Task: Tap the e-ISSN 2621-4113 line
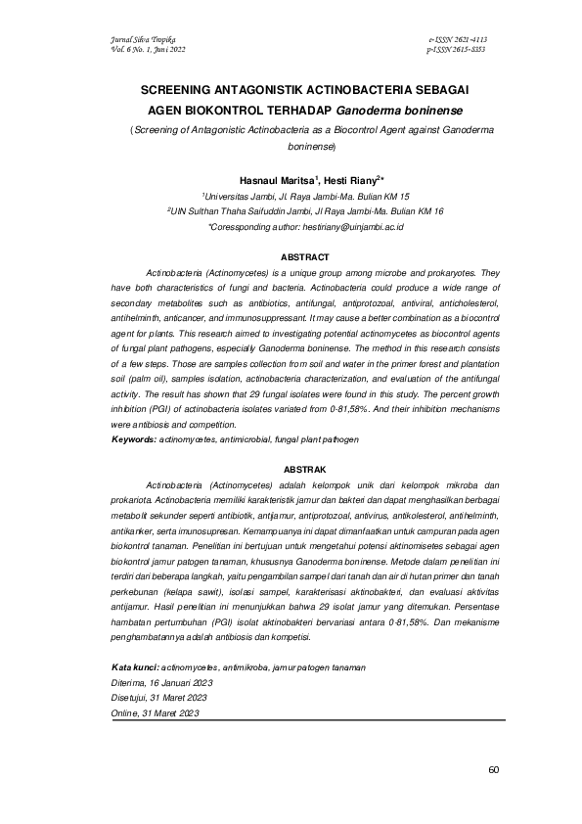458,39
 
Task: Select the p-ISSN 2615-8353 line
458,48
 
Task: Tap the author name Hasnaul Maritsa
271,181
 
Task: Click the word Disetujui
132,697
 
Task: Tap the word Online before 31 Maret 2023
127,712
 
